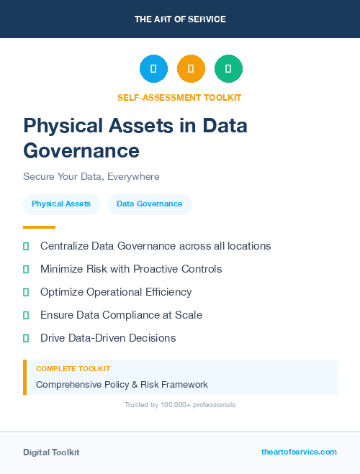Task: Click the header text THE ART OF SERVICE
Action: coord(180,19)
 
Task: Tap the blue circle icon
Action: coord(153,69)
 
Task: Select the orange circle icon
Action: coord(191,69)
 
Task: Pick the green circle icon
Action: coord(228,69)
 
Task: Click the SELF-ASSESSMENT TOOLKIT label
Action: coord(179,97)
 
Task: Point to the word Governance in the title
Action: coord(81,150)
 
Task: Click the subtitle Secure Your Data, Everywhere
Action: coord(91,176)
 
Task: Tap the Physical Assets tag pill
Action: coord(61,204)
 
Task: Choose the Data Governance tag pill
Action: coord(150,204)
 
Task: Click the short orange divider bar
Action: coord(39,227)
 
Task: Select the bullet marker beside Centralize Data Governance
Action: coord(26,246)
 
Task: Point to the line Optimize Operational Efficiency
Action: coord(116,292)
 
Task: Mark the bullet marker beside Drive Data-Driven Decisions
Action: coord(26,338)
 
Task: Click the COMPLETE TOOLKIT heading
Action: coord(73,368)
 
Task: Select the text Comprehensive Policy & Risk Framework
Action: coord(122,384)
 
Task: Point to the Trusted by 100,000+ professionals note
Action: coord(180,405)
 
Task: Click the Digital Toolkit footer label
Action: coord(51,452)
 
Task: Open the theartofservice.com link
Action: coord(299,452)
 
